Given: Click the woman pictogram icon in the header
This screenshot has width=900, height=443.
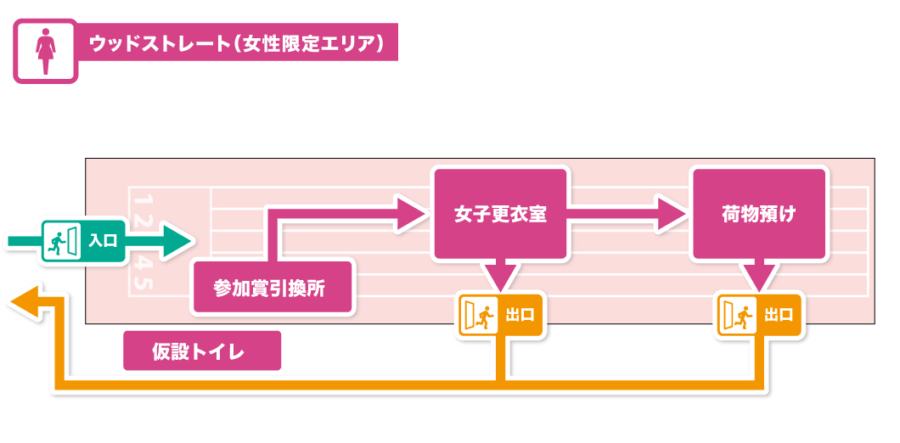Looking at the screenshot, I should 45,51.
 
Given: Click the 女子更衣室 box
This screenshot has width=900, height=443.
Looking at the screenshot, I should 500,214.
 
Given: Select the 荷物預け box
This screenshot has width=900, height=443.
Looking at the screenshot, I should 759,214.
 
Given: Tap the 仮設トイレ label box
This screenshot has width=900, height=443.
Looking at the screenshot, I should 202,350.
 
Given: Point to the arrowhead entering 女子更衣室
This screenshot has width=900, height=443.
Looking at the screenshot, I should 411,213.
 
